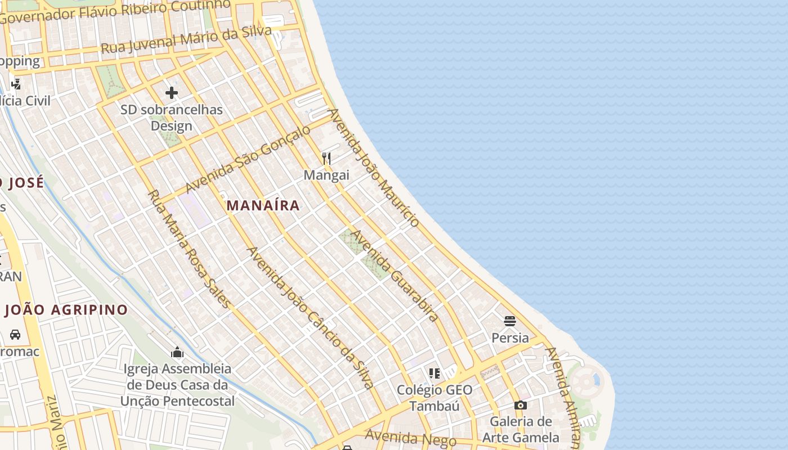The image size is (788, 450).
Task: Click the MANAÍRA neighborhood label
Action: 263,205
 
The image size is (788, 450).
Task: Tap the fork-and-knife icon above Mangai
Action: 326,159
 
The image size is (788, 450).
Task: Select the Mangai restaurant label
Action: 326,175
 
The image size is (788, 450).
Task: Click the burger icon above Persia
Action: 510,321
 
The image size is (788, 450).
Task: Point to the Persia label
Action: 510,337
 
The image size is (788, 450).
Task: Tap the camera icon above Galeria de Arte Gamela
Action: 521,405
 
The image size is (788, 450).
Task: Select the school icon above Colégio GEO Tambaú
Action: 434,373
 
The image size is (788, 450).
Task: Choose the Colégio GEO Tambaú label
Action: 435,398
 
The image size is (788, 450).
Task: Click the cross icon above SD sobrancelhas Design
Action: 172,93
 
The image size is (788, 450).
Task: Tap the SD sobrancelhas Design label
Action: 172,118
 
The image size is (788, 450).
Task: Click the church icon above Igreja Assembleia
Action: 177,353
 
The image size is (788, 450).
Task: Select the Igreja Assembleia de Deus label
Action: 177,385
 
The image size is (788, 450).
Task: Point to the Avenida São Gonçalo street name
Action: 248,159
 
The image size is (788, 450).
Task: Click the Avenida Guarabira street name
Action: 395,276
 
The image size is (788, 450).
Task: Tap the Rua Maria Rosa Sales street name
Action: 189,249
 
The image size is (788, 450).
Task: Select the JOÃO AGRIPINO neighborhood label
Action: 66,310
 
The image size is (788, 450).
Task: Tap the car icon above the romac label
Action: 15,335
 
